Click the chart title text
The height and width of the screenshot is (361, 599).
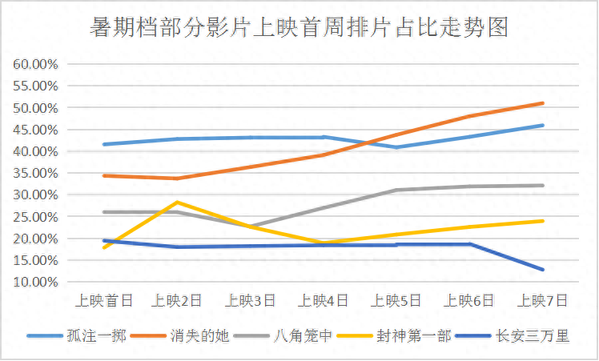(x=299, y=29)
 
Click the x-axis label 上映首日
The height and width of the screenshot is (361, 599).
(x=104, y=301)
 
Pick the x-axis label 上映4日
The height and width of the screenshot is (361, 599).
(x=324, y=301)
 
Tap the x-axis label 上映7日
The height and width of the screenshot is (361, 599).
(x=544, y=301)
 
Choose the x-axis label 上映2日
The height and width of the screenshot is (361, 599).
(x=177, y=301)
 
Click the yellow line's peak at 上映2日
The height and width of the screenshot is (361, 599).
(x=177, y=202)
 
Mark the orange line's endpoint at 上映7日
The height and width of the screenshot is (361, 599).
(x=544, y=103)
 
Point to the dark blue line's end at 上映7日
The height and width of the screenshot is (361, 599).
(x=544, y=270)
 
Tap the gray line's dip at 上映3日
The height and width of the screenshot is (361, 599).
(x=251, y=227)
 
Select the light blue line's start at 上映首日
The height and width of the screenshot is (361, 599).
(x=104, y=144)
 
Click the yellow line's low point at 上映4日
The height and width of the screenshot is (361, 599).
(x=324, y=243)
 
